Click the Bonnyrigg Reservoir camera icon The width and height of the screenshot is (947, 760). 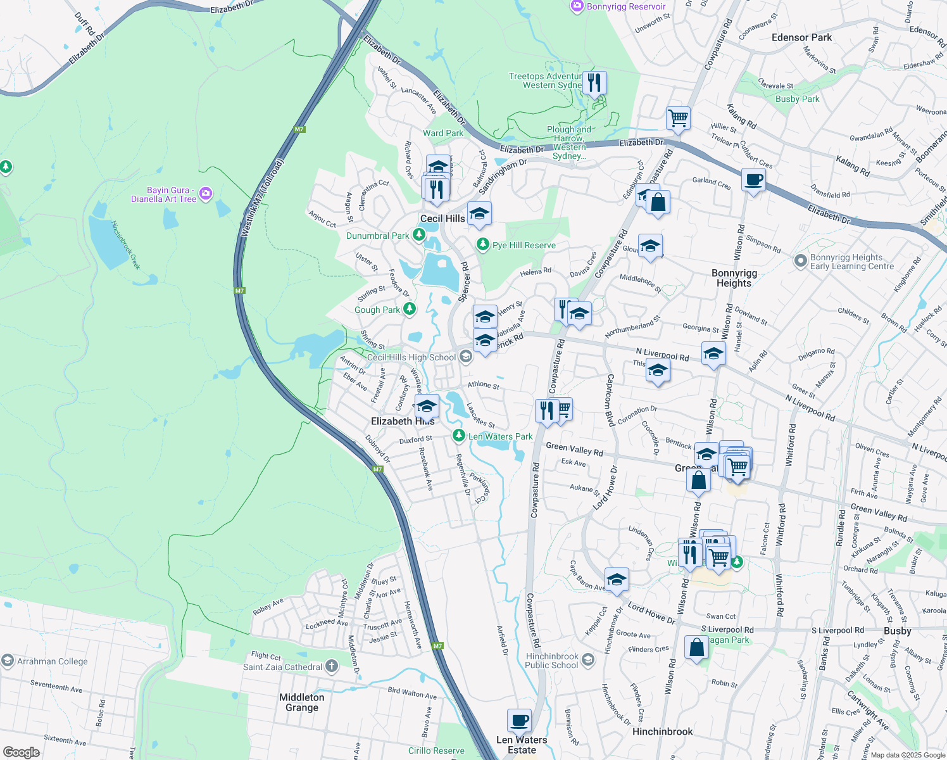[x=577, y=6]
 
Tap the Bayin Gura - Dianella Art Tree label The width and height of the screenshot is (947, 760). [x=163, y=194]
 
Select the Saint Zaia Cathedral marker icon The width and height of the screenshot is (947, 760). [x=332, y=666]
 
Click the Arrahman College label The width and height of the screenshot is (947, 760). [x=53, y=661]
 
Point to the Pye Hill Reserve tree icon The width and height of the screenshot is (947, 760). [x=483, y=244]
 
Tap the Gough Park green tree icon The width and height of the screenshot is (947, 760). [x=410, y=309]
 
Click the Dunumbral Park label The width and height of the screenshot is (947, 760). [x=377, y=236]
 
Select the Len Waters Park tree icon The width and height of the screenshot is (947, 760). [x=459, y=436]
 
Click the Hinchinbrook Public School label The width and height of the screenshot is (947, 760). [x=551, y=661]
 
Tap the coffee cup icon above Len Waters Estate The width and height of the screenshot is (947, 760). [x=519, y=721]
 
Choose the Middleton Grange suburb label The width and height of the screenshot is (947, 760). [x=302, y=702]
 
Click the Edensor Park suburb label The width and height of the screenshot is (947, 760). [x=801, y=37]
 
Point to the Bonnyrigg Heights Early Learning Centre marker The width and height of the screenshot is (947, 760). [x=801, y=260]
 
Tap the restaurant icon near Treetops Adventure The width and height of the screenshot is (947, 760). [x=594, y=83]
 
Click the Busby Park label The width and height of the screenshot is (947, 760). [x=797, y=99]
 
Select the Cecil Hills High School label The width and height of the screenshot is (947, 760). [x=411, y=357]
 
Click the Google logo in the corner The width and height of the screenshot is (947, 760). [x=21, y=752]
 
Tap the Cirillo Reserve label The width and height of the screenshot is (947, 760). [x=436, y=750]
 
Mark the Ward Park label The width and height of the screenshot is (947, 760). [x=443, y=133]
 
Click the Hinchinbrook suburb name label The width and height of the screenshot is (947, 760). [x=662, y=731]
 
